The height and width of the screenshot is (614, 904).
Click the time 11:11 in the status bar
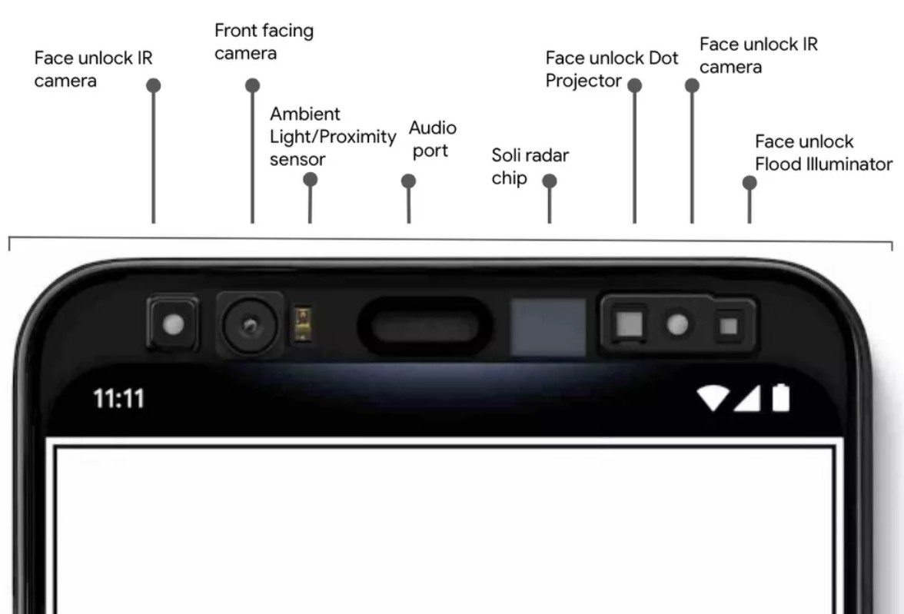(118, 398)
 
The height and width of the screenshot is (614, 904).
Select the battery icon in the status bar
(780, 398)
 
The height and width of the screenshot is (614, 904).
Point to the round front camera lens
(250, 326)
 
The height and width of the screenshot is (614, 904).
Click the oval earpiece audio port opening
(424, 327)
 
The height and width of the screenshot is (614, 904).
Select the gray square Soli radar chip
(547, 327)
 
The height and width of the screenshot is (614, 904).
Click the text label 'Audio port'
(432, 139)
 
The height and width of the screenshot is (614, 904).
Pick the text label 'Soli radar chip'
(530, 167)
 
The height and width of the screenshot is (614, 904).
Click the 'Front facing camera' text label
(264, 41)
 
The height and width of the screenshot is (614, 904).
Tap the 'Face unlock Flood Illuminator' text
(823, 153)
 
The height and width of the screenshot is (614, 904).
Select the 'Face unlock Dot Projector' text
(612, 69)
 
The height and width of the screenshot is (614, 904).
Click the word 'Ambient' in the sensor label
(305, 114)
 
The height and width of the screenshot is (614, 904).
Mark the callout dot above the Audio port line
(408, 181)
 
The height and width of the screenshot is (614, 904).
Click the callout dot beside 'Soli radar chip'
(550, 181)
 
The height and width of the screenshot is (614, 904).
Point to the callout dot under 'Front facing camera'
(252, 85)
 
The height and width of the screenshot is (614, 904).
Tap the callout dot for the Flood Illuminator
(749, 183)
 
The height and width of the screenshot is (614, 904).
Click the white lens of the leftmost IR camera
(173, 324)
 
